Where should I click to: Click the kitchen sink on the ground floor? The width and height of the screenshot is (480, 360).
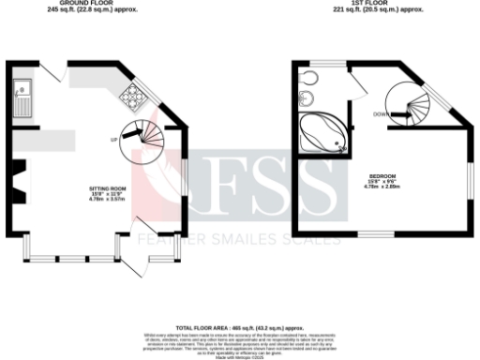tap(22, 95)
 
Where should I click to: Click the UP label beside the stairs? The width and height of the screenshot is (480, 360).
tap(114, 140)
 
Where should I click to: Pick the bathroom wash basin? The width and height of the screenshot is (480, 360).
tap(309, 78)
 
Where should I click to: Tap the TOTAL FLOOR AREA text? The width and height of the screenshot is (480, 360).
tap(239, 328)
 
